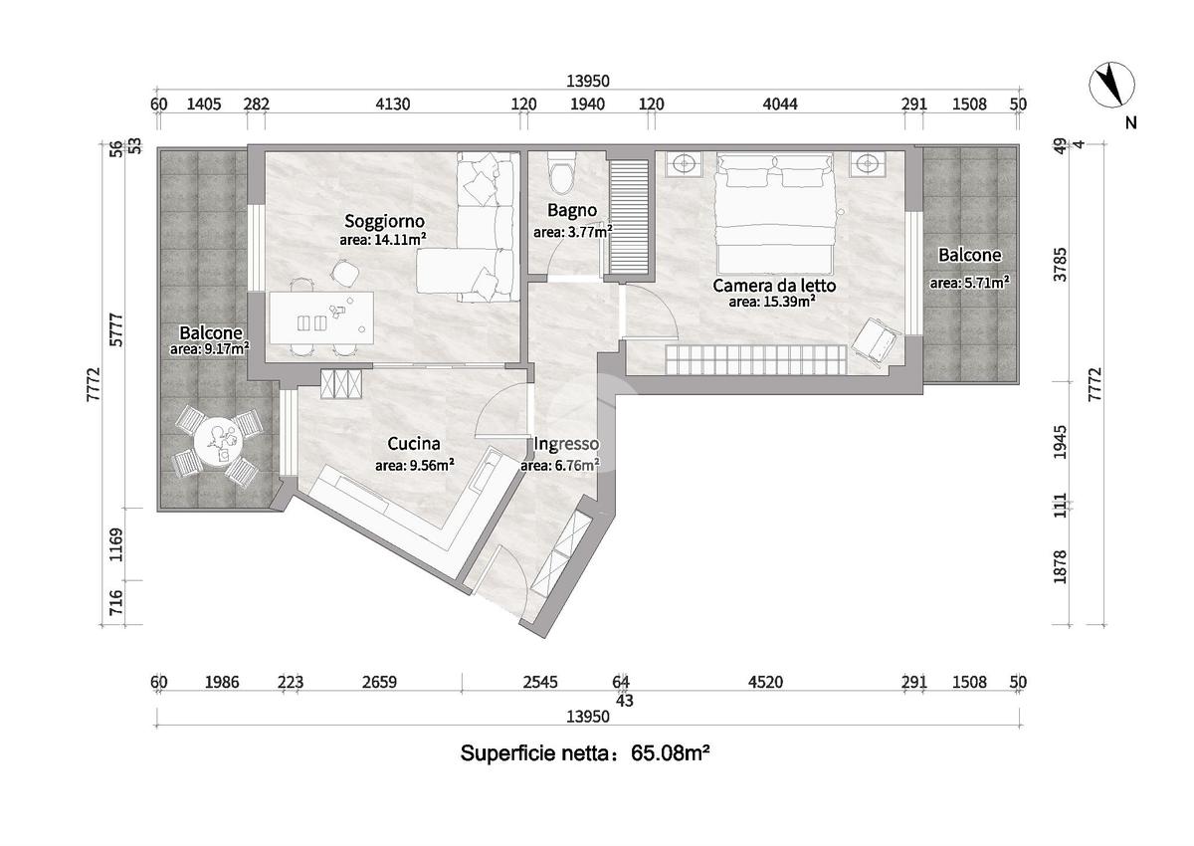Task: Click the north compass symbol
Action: [1111, 100]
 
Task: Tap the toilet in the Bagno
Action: [562, 173]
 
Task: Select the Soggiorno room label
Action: [384, 221]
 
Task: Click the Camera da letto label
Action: [774, 286]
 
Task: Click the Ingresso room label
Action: [566, 444]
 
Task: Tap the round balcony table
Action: [219, 442]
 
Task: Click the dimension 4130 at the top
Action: [393, 104]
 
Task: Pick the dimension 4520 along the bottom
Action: [765, 683]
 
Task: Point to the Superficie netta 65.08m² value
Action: [670, 753]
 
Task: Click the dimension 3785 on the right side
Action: [1061, 264]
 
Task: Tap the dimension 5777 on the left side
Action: [116, 330]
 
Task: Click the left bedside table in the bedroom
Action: [684, 163]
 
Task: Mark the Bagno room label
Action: [572, 211]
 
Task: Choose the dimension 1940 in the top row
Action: [587, 104]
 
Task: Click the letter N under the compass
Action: [1130, 123]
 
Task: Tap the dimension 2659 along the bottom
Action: [379, 683]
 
